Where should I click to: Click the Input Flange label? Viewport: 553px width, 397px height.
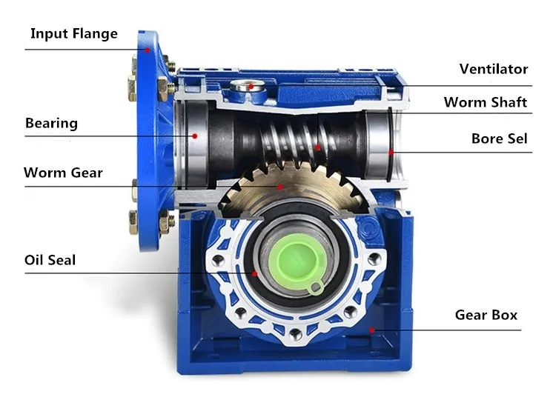[x=73, y=33]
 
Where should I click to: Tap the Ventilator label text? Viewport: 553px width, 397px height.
[x=493, y=69]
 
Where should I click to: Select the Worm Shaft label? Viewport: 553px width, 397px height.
[x=486, y=102]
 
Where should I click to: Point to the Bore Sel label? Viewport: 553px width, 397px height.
[x=500, y=139]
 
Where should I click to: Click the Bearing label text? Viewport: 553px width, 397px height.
[x=51, y=123]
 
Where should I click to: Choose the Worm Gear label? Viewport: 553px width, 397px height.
[x=63, y=173]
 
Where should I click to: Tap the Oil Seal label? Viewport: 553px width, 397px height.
[x=50, y=260]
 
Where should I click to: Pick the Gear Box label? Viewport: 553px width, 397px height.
[x=486, y=315]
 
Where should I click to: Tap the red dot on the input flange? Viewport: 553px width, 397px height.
[x=148, y=50]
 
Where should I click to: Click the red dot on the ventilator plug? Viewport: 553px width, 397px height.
[x=252, y=86]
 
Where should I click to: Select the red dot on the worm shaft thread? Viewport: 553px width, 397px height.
[x=319, y=147]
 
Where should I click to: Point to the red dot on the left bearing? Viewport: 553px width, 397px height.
[x=194, y=136]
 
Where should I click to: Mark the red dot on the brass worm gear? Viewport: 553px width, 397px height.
[x=279, y=187]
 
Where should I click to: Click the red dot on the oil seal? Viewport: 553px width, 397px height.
[x=254, y=273]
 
